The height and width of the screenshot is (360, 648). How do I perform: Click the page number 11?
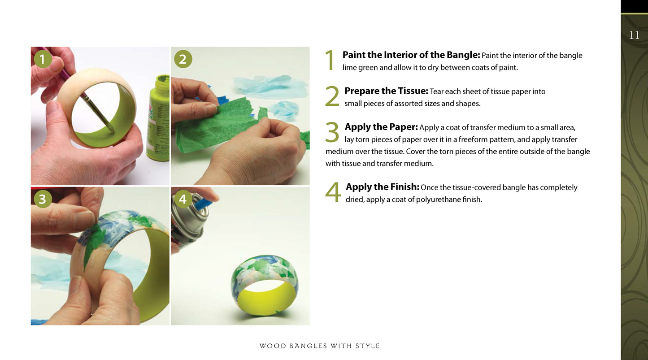click(x=634, y=35)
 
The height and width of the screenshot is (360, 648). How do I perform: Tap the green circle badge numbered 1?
click(x=43, y=59)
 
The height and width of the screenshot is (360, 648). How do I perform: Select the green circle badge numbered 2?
click(x=183, y=59)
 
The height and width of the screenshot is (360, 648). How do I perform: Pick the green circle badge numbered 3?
click(x=43, y=199)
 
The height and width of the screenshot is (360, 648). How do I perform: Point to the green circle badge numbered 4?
click(x=183, y=199)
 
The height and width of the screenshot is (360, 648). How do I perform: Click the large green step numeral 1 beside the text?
click(x=330, y=60)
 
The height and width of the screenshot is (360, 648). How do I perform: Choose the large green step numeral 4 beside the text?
click(x=333, y=192)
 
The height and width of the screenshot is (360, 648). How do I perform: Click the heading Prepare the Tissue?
click(x=386, y=91)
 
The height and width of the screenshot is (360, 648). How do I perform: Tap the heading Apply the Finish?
click(x=382, y=187)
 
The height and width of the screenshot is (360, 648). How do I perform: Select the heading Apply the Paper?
click(x=381, y=127)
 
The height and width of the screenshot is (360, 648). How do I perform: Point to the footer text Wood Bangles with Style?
click(x=319, y=346)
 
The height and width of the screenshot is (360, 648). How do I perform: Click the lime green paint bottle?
click(x=159, y=118)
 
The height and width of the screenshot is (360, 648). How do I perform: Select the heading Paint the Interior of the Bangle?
click(x=411, y=55)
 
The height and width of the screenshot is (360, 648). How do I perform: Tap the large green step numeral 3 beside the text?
click(x=332, y=132)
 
